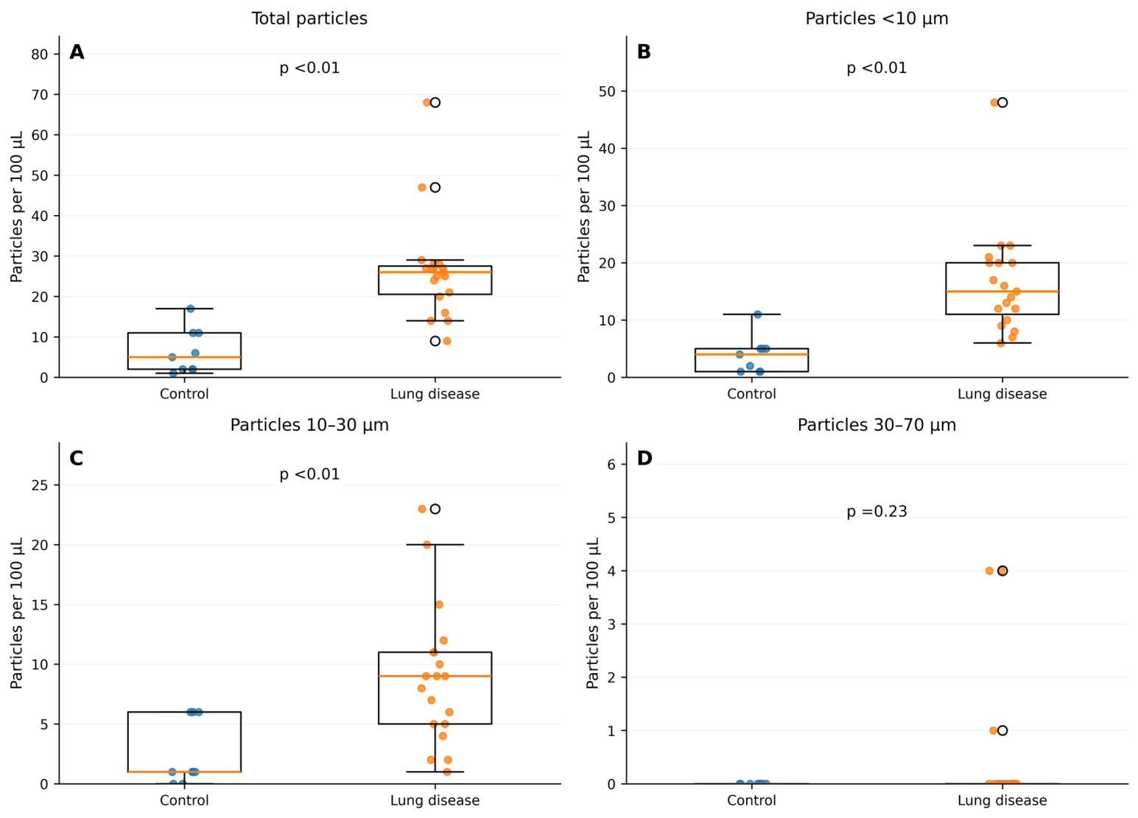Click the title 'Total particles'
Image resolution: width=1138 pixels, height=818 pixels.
(309, 18)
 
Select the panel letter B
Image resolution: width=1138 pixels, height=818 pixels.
(644, 52)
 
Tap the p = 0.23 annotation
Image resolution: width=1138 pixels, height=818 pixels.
(877, 511)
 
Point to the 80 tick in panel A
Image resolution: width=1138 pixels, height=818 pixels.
(39, 54)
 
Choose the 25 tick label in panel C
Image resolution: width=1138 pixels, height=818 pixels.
(39, 485)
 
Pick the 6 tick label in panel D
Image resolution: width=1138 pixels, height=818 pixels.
(611, 465)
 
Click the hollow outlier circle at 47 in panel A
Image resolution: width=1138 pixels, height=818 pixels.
(435, 187)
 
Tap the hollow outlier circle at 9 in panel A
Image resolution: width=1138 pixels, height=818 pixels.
(435, 341)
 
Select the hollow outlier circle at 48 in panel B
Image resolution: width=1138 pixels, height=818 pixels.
(1002, 102)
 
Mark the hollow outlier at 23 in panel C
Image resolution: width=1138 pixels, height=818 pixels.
(435, 509)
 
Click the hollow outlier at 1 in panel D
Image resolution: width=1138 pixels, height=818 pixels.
(1002, 730)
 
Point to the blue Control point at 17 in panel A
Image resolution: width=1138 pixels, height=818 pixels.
(191, 308)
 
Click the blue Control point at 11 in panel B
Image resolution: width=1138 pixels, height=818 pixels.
(757, 314)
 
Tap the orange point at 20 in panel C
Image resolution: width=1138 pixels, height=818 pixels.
(426, 545)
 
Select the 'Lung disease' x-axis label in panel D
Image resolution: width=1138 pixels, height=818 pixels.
(1002, 800)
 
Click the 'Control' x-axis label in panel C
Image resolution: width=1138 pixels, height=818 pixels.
(184, 800)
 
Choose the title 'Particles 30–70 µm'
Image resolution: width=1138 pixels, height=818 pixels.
(877, 425)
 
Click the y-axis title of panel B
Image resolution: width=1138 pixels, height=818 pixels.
(584, 207)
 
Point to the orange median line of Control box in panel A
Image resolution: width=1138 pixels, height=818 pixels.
(184, 357)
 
